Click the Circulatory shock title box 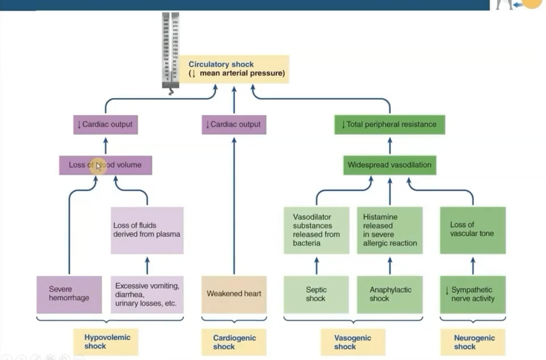coord(234,69)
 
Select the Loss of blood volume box coord(105,165)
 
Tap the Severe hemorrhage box coord(69,294)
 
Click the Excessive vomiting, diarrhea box coord(147,294)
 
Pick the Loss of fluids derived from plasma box coord(147,230)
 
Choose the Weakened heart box coord(234,294)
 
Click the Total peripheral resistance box coord(389,125)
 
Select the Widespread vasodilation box coord(389,165)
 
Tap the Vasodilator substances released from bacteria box coord(316,230)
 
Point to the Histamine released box coord(389,230)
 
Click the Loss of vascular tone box coord(472,230)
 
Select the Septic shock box coord(316,294)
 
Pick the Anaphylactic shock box coord(389,294)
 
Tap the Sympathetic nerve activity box coord(472,294)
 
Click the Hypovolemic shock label coord(105,342)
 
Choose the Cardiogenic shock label coord(234,342)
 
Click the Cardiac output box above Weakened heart coord(234,125)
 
